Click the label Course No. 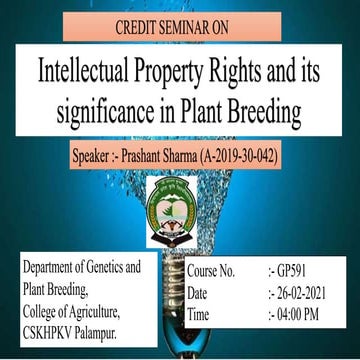point(210,271)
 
